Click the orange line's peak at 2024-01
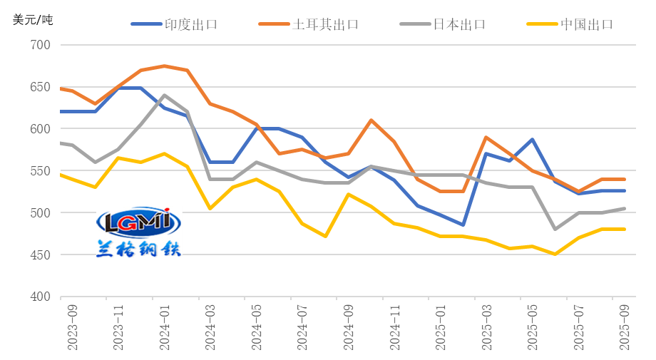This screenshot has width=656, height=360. coord(165,66)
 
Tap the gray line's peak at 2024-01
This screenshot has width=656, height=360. coord(165,95)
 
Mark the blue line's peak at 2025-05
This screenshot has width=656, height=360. coord(532,140)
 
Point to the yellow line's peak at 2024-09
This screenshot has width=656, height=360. coord(349,194)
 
